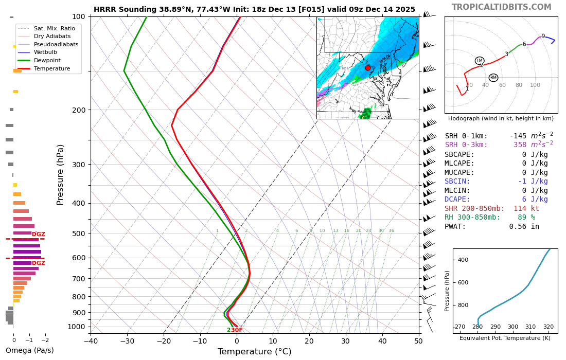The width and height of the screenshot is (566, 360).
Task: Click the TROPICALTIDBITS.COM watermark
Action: tap(501, 7)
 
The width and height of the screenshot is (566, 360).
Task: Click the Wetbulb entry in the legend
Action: tap(45, 52)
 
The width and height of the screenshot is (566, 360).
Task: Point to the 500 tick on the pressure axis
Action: tap(78, 233)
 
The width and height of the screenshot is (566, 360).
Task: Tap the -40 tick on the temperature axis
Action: tap(91, 340)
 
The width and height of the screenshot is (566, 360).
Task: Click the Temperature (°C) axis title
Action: tap(254, 352)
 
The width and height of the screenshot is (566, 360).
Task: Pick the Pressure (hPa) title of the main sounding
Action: tap(61, 175)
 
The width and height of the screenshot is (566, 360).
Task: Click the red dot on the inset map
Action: tap(368, 68)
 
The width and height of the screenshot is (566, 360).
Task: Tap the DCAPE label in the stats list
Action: tap(457, 200)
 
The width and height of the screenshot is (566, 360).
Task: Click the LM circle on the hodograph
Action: tap(480, 61)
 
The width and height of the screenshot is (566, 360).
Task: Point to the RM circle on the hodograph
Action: tap(493, 78)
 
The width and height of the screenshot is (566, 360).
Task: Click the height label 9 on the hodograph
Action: tap(543, 37)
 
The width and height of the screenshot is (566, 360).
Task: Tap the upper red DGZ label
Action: tap(39, 235)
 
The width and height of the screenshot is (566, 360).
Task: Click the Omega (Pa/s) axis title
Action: tap(29, 351)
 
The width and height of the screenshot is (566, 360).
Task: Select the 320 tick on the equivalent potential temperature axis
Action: tap(549, 327)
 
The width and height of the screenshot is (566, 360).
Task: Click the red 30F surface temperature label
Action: tap(236, 330)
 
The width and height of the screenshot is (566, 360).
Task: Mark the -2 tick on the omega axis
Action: tap(45, 340)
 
